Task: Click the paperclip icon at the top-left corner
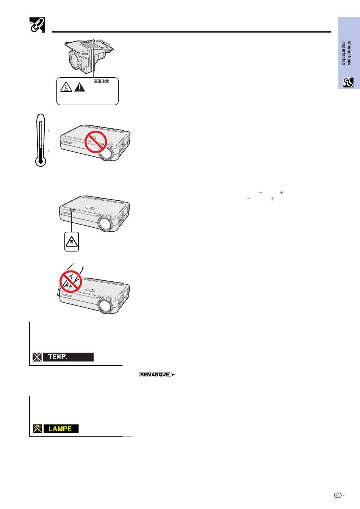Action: point(37,25)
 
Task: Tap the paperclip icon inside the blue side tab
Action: point(348,82)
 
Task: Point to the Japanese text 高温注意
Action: point(102,81)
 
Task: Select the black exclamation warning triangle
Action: point(80,87)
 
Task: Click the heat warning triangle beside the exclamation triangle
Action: point(66,87)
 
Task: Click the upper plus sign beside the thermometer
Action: point(48,131)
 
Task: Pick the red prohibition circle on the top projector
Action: point(96,142)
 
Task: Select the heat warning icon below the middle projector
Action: point(72,242)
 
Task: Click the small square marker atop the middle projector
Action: point(72,210)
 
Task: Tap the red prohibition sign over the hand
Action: point(71,281)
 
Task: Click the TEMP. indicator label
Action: point(68,357)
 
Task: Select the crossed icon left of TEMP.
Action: point(37,357)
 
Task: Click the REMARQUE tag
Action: point(157,375)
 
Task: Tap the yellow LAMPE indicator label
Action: point(61,429)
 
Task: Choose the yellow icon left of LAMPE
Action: point(37,429)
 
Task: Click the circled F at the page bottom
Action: point(338,495)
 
